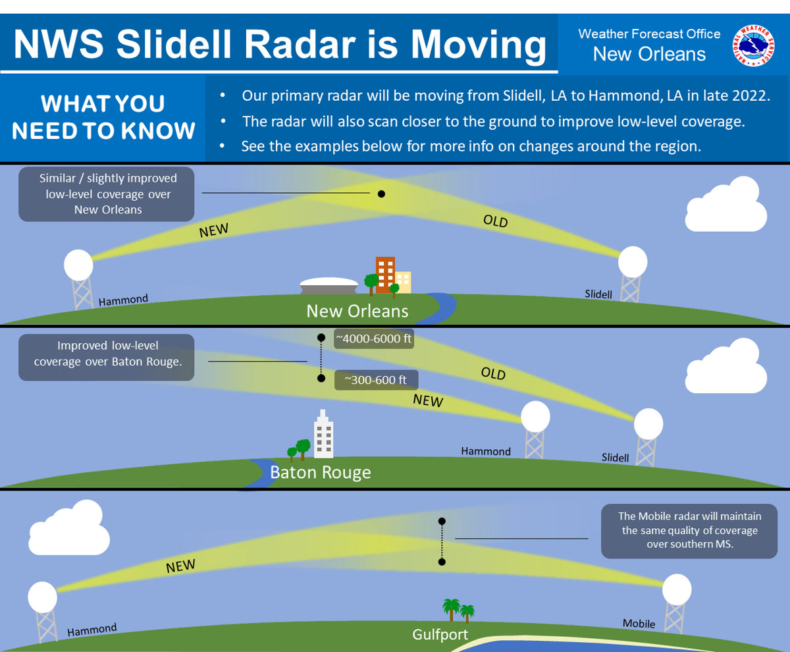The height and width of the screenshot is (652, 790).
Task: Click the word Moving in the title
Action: tap(479, 45)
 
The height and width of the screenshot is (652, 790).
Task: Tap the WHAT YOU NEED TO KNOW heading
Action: tap(103, 117)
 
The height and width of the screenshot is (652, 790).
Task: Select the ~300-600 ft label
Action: tap(376, 381)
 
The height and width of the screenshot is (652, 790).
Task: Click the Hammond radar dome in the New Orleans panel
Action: tap(78, 265)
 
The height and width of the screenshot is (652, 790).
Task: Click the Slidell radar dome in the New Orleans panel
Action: tap(633, 261)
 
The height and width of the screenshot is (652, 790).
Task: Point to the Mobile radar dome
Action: tap(677, 589)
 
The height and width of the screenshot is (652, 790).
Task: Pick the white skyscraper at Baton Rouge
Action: tap(323, 435)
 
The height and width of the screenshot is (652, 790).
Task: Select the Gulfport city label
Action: tap(440, 635)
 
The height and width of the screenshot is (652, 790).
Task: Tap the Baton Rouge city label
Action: tap(321, 472)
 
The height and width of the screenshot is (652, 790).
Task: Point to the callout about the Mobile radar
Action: tap(689, 531)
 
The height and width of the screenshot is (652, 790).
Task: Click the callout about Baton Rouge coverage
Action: tap(106, 357)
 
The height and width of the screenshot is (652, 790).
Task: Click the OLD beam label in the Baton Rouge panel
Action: tap(493, 374)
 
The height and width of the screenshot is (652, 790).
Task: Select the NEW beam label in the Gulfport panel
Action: tap(180, 566)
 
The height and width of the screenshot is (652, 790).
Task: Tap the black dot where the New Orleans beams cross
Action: tap(381, 194)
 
